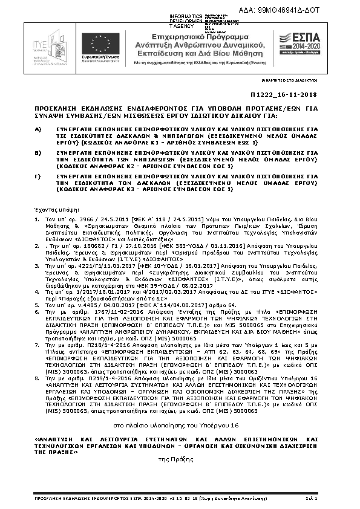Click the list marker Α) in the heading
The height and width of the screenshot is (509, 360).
coord(38,129)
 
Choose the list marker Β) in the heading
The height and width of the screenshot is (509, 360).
coord(38,153)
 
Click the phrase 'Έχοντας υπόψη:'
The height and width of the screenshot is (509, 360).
coord(54,207)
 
